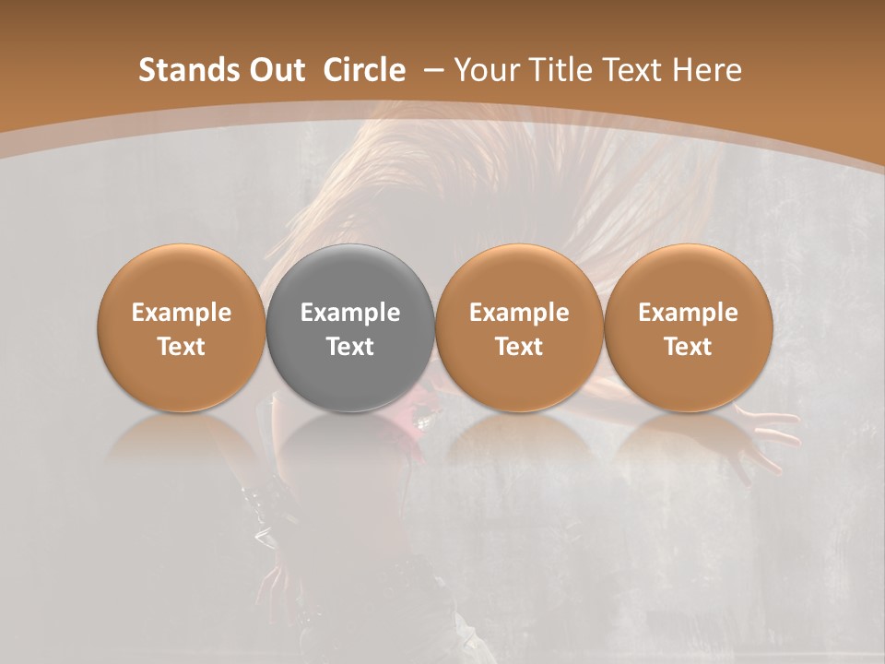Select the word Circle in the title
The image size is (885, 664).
coord(364,70)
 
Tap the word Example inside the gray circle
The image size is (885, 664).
coord(350,313)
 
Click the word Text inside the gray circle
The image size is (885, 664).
coord(350,347)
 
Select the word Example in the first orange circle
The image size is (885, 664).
coord(182,313)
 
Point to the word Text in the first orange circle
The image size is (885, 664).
coord(182,347)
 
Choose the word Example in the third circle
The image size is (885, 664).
coord(519,313)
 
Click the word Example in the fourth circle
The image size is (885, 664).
coord(689,313)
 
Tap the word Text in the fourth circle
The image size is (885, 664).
coord(689,347)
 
